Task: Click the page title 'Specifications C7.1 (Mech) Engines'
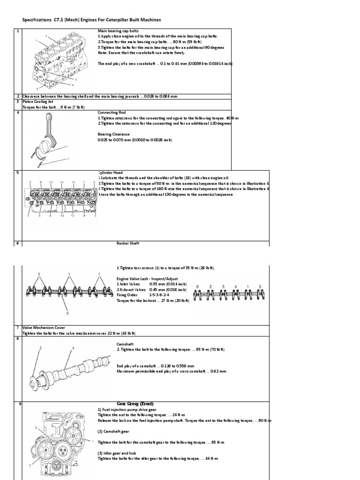(92, 20)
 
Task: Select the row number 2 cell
(17, 96)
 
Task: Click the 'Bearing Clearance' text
(114, 134)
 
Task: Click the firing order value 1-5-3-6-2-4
(163, 295)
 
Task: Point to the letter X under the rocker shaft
(67, 312)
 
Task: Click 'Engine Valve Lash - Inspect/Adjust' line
(146, 278)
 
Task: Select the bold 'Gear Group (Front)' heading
(135, 404)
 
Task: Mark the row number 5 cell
(17, 172)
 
